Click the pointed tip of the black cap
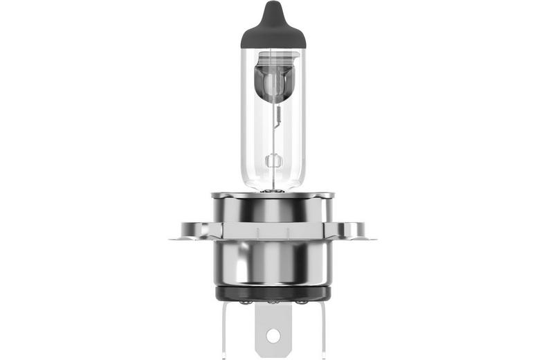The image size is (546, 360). tap(273, 6)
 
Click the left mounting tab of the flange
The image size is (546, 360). tap(188, 231)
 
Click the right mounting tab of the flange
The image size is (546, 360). tap(356, 231)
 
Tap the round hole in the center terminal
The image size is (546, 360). tap(273, 336)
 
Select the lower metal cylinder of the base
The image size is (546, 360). tap(273, 263)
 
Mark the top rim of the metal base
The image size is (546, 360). tap(273, 195)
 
